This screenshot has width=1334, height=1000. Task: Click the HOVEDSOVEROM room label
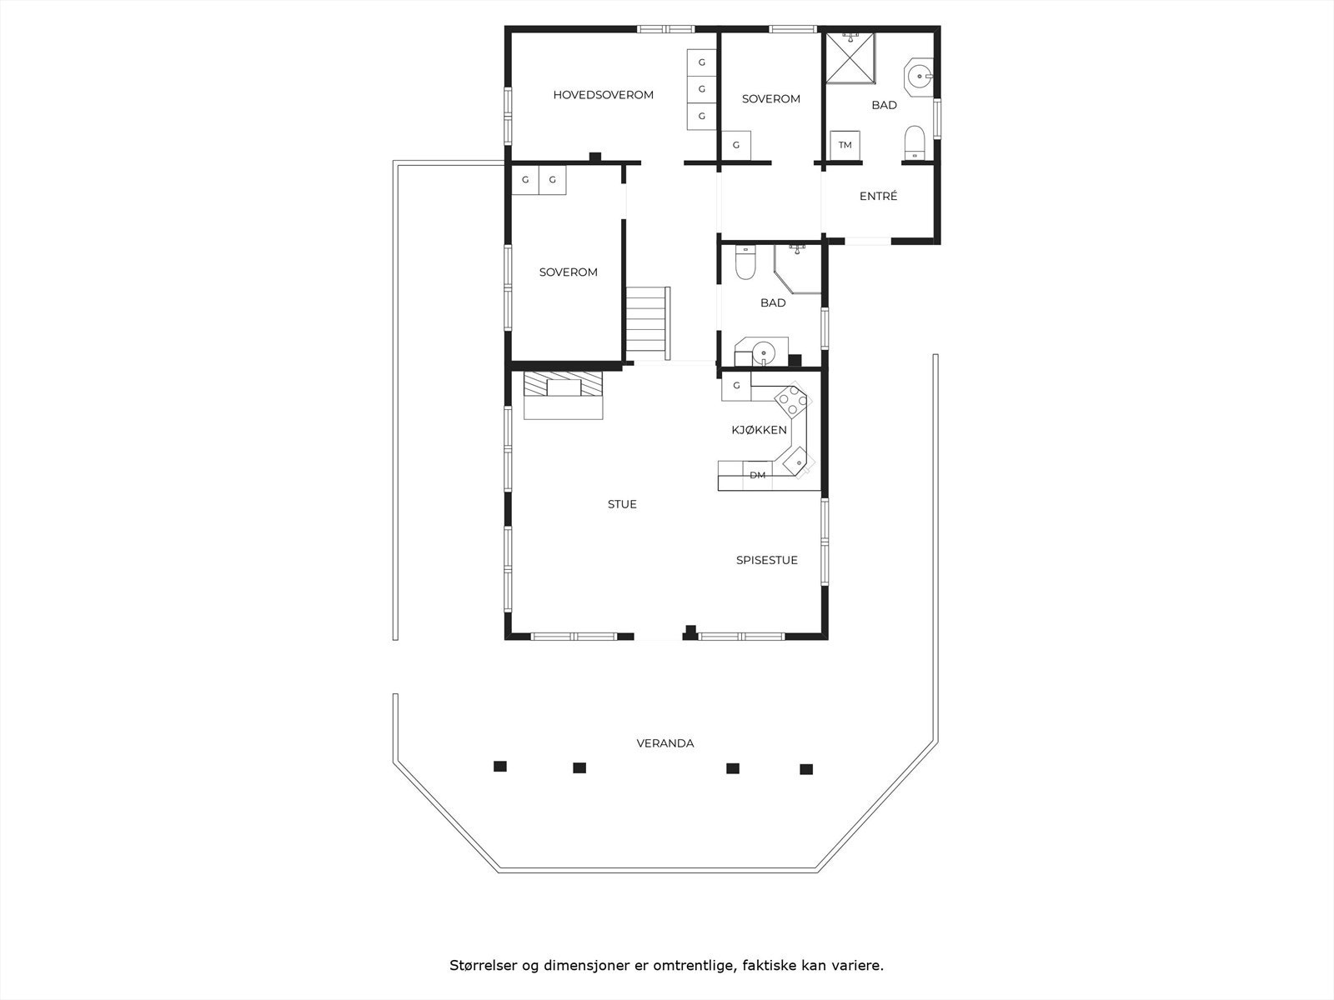(603, 95)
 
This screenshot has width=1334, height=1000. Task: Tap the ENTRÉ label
(878, 197)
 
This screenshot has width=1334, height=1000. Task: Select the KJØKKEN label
(759, 430)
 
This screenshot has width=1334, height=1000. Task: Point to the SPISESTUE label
(766, 560)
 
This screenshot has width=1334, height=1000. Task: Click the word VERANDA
(664, 743)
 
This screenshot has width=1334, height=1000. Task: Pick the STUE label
(622, 504)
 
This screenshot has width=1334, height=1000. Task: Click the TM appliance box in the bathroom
(845, 145)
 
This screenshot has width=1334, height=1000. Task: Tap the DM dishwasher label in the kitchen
(757, 476)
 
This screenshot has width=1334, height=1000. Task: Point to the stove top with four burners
(792, 402)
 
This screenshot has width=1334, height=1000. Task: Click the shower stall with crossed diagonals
(850, 58)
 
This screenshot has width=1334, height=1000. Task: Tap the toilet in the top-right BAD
(915, 142)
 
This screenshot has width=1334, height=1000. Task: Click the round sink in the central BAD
(763, 352)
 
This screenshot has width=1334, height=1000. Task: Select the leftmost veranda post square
(499, 767)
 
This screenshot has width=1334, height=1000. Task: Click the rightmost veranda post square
(805, 769)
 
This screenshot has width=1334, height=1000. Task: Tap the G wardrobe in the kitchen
(736, 386)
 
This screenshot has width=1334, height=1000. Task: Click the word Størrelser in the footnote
(482, 966)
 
